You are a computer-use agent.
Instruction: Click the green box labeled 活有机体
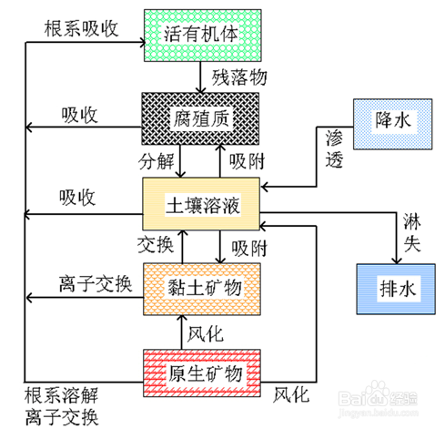coord(203,36)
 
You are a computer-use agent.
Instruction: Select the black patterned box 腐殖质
coord(200,118)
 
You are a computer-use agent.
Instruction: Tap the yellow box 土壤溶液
coord(201,204)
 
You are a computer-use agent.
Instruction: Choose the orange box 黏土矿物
coord(202,289)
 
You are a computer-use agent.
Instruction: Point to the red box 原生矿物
coord(202,373)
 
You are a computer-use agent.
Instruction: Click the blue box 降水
coord(393,124)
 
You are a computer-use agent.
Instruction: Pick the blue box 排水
coord(396,289)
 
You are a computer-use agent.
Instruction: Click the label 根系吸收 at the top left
coord(81,29)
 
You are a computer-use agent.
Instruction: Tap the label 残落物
coord(239,77)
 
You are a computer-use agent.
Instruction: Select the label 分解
coord(157,161)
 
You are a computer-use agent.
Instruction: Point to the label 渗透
coord(334,148)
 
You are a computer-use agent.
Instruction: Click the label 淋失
coord(412,233)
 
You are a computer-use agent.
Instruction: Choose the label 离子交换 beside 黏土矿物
coord(96,284)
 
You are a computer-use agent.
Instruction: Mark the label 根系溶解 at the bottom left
coord(61,395)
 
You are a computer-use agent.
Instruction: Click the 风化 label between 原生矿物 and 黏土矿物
coord(206,334)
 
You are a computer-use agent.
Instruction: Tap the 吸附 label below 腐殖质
coord(247,161)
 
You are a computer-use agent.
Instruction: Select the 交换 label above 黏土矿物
coord(156,245)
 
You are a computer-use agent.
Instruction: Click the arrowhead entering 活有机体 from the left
coord(142,42)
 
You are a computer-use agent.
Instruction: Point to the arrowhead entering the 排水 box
coord(397,260)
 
